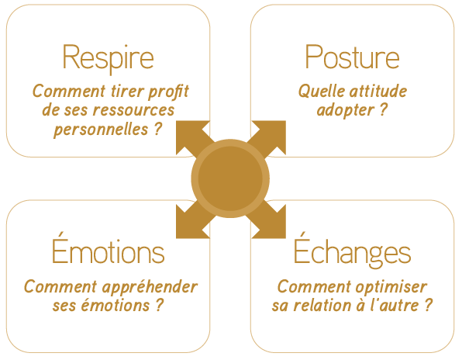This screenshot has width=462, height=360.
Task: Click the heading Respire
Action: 108,59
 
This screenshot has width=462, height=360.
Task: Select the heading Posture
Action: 352,57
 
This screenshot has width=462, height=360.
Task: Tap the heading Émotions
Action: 108,248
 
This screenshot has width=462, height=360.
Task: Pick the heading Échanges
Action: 352,251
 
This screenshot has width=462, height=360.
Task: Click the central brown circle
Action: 230,178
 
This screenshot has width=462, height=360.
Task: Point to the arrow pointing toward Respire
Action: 195,139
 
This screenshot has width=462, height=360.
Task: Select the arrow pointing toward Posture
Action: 267,139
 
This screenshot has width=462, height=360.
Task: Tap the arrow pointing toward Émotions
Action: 195,220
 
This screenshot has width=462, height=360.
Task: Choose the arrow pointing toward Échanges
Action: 267,220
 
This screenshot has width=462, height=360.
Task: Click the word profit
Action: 168,92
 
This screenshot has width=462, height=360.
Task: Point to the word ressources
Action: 133,110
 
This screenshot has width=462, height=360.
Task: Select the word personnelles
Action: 101,130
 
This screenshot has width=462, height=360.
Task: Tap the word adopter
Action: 345,111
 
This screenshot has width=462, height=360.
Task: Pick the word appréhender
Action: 150,288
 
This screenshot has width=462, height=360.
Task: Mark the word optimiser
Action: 391,288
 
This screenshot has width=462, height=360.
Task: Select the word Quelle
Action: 317,92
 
